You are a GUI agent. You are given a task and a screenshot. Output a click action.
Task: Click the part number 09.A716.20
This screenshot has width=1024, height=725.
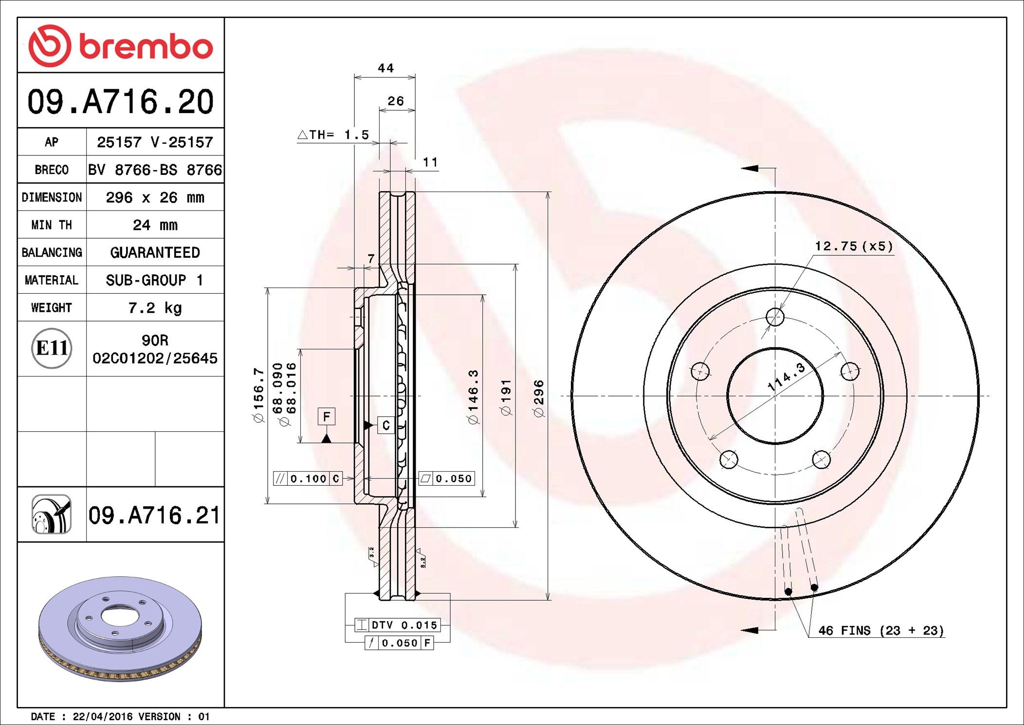[x=120, y=102]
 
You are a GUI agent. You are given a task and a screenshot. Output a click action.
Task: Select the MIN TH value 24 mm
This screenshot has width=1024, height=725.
[x=155, y=225]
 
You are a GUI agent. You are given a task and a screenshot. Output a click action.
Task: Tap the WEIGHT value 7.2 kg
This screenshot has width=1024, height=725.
[x=155, y=308]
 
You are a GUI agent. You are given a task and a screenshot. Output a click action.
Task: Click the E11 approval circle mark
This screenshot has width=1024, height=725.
[x=52, y=348]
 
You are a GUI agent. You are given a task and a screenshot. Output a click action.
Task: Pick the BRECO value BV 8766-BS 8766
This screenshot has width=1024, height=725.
[x=155, y=170]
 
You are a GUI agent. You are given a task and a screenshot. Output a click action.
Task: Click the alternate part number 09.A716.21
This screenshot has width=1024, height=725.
[x=154, y=515]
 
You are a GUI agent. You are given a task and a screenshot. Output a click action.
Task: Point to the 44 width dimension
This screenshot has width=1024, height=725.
[x=385, y=68]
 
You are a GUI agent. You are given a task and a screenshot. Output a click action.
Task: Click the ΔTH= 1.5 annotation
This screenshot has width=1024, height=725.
[x=334, y=135]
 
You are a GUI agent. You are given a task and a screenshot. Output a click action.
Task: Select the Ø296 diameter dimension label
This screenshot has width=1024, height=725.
[x=539, y=399]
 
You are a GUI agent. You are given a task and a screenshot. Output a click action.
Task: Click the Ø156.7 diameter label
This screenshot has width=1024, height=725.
[x=258, y=395]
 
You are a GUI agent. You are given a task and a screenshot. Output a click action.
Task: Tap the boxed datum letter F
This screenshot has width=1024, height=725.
[x=326, y=417]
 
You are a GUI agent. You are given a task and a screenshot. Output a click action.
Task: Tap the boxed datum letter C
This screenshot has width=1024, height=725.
[x=385, y=425]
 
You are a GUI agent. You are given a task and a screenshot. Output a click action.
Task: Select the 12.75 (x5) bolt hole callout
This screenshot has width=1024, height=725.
[x=854, y=247]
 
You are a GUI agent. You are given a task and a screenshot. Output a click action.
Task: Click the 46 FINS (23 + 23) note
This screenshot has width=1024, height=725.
[x=881, y=630]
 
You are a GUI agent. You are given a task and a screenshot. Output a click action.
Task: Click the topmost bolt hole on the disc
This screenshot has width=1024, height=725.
[x=775, y=317]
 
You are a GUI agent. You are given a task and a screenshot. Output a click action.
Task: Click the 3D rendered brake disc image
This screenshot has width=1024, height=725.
[x=120, y=629]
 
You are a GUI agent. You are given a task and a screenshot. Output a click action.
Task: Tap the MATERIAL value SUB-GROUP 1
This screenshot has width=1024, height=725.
[x=155, y=280]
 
